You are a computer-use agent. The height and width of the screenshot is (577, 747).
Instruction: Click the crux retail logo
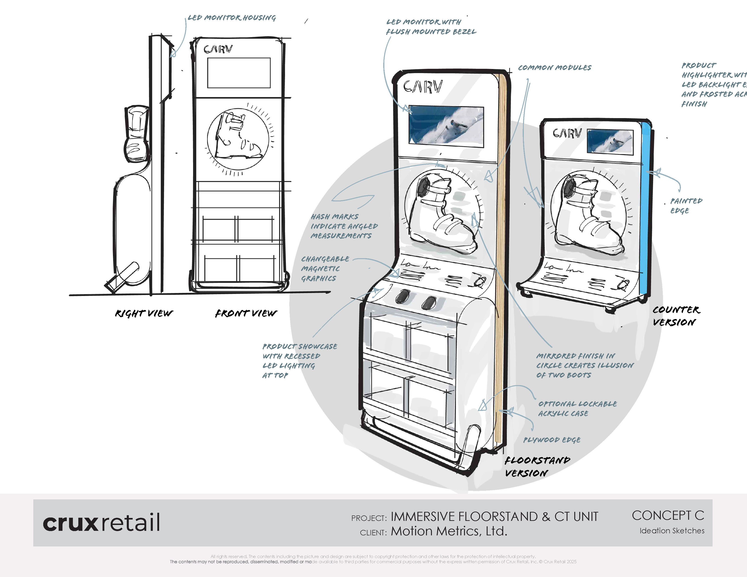[x=101, y=522]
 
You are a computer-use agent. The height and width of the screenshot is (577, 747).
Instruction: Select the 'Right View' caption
[x=144, y=313]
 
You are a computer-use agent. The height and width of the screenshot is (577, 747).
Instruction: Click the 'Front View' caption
[x=246, y=313]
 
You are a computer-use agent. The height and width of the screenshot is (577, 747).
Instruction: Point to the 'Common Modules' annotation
[x=554, y=68]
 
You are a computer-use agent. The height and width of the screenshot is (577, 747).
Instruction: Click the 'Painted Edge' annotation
[x=686, y=205]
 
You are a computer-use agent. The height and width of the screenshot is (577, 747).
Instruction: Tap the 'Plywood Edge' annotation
[x=552, y=440]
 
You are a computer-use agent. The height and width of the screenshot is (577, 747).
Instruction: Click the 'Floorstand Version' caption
[x=537, y=467]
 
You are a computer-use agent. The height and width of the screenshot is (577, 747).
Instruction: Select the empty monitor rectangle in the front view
[x=239, y=73]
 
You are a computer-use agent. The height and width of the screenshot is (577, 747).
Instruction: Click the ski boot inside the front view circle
[x=236, y=137]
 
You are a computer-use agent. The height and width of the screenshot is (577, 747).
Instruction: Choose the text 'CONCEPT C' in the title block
[x=668, y=515]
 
